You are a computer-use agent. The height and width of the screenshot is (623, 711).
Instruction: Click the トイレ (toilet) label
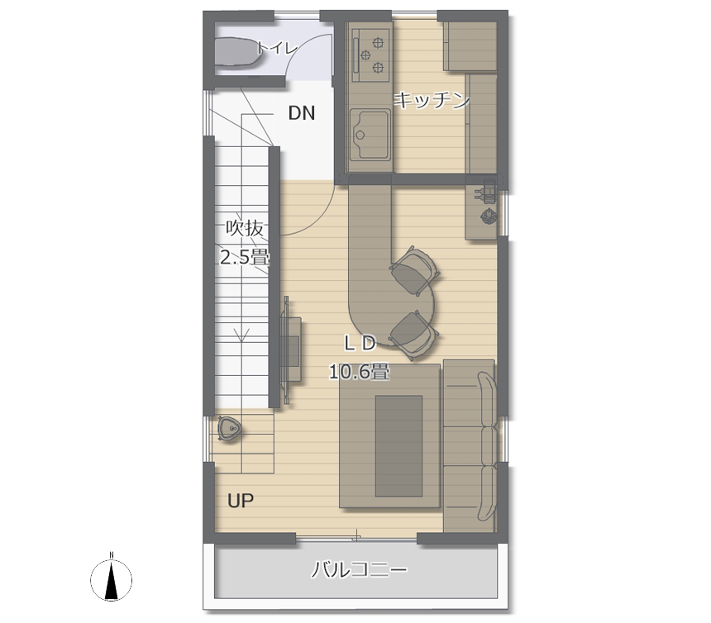click(277, 48)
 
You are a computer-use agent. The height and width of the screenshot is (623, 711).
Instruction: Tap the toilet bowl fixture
click(235, 52)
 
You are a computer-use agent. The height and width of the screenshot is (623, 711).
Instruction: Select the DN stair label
click(302, 113)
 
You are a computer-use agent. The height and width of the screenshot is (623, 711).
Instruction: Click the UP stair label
click(241, 501)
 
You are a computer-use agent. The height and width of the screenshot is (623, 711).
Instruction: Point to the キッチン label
click(432, 100)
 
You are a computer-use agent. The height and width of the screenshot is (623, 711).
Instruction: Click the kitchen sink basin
click(370, 135)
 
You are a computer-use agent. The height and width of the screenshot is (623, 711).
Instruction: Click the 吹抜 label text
click(245, 228)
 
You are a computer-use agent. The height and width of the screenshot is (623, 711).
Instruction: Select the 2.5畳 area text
click(245, 257)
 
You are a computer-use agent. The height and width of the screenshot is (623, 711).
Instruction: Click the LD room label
click(360, 344)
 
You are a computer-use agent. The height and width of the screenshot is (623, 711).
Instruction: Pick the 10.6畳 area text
click(359, 373)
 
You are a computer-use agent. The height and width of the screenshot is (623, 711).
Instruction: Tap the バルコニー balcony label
click(359, 569)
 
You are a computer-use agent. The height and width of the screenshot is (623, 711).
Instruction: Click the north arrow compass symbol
click(111, 579)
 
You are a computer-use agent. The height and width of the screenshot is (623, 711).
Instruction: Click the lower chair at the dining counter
click(413, 335)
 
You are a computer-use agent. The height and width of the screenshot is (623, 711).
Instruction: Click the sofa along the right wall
click(470, 446)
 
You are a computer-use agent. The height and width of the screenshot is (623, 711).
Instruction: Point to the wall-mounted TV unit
click(291, 350)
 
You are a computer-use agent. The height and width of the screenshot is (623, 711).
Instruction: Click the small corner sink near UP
click(230, 428)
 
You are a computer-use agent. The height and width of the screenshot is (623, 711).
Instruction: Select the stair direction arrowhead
click(242, 335)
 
